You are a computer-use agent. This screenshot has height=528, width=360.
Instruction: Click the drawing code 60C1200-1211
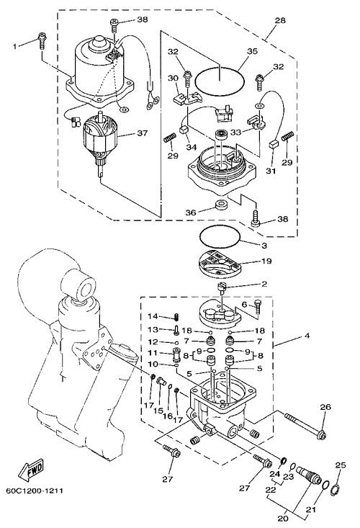35,491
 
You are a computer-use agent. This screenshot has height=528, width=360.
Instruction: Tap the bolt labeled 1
42,40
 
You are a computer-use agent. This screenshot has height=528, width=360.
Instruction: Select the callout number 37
142,133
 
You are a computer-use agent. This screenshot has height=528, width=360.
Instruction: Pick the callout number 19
266,261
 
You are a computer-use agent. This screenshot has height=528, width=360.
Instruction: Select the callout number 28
280,21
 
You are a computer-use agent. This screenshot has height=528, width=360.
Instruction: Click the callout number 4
307,336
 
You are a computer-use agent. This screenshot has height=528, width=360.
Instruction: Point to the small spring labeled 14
176,317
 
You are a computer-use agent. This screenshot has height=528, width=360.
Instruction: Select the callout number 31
271,171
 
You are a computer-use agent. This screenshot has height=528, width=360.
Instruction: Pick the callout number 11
153,353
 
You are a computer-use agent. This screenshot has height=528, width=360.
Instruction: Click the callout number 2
264,284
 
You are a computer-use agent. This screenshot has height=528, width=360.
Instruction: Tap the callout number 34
191,147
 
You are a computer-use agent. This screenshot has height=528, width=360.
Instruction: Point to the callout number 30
173,78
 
